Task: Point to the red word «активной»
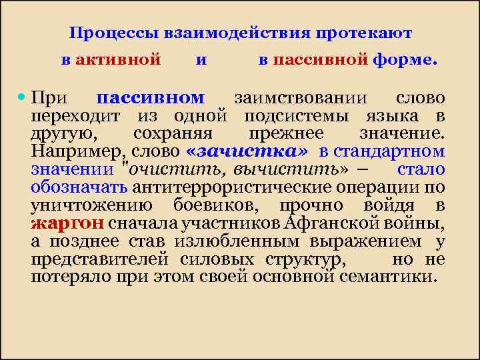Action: click(x=118, y=59)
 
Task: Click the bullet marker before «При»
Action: click(x=23, y=97)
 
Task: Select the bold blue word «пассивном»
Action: click(x=151, y=98)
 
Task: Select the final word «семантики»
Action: click(x=403, y=275)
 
